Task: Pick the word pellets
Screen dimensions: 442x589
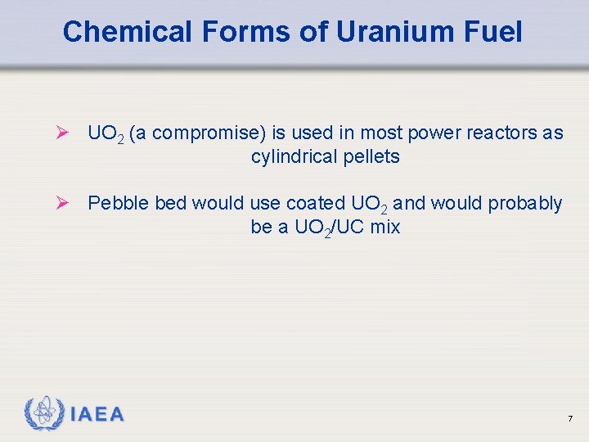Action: coord(373,157)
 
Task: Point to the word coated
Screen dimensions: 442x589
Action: coord(316,203)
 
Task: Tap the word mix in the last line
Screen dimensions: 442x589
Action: coord(384,228)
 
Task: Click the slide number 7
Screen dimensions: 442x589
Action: coord(569,419)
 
